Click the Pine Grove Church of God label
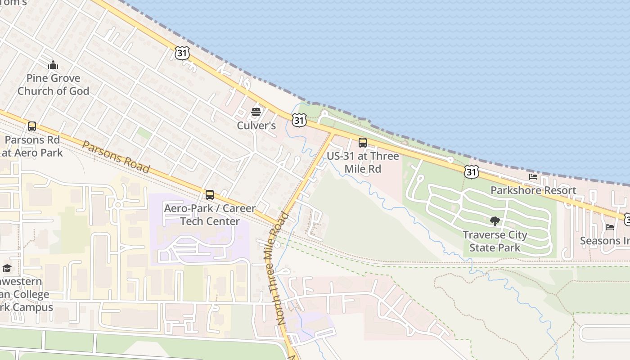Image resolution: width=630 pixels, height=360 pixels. (53, 85)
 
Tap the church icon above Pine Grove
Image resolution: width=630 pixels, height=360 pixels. (53, 65)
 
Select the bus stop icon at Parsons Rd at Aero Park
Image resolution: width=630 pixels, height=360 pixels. (31, 126)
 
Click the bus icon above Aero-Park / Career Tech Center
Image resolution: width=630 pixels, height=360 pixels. (209, 195)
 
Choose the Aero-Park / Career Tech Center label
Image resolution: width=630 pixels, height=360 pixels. (210, 215)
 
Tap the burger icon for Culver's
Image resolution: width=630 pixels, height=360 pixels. (256, 112)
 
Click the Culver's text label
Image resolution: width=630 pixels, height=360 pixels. (256, 126)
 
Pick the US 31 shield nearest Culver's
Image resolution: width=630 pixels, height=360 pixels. (299, 120)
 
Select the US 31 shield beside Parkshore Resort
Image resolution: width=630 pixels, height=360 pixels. (471, 171)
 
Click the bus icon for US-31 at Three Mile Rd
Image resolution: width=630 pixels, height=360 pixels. (362, 143)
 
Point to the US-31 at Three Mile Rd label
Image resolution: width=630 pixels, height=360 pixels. (363, 162)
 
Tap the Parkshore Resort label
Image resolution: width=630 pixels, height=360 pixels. (533, 190)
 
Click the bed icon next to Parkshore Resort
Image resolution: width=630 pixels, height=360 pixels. (533, 177)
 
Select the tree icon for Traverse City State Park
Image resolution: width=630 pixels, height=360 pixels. (495, 221)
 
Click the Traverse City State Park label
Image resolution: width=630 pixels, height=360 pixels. (495, 241)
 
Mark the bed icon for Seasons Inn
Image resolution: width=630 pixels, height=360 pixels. (610, 227)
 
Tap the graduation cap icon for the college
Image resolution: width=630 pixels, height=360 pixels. (7, 269)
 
